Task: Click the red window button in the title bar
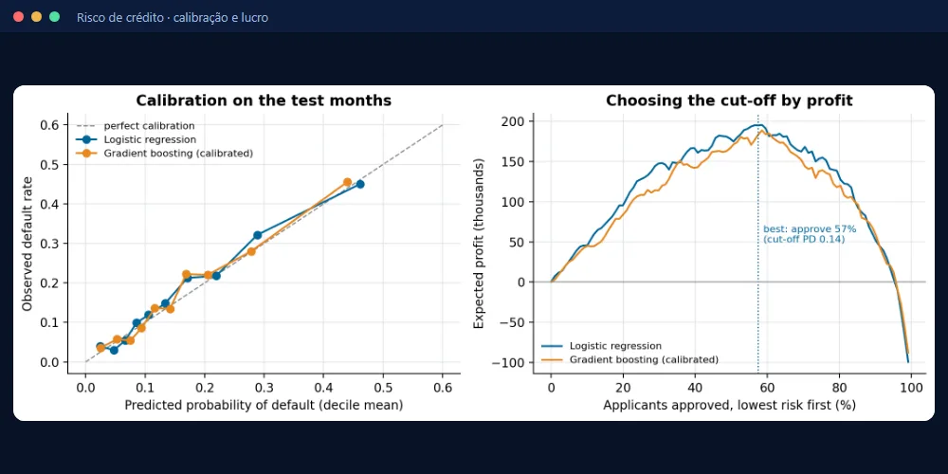tap(18, 17)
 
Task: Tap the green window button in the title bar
tap(54, 17)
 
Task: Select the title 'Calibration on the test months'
tap(264, 100)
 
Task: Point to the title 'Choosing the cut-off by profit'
tap(729, 100)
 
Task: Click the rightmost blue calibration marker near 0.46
tap(359, 184)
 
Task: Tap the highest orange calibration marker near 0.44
tap(347, 182)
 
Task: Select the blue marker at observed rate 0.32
tap(258, 234)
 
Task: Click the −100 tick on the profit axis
tap(510, 363)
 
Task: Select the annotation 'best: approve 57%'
tap(810, 229)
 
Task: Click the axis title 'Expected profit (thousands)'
tap(479, 244)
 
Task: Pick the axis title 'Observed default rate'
tap(27, 244)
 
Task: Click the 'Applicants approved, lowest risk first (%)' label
tap(729, 405)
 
